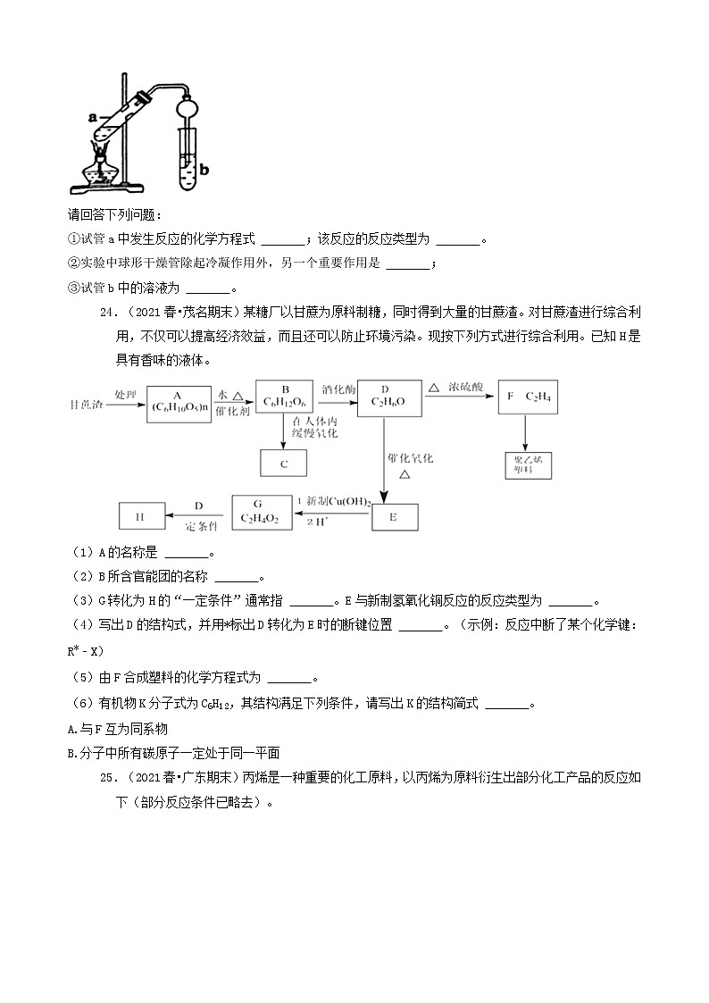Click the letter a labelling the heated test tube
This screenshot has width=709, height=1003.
click(92, 116)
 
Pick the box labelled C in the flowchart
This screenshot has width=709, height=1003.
click(283, 464)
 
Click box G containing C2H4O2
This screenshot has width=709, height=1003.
click(262, 512)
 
